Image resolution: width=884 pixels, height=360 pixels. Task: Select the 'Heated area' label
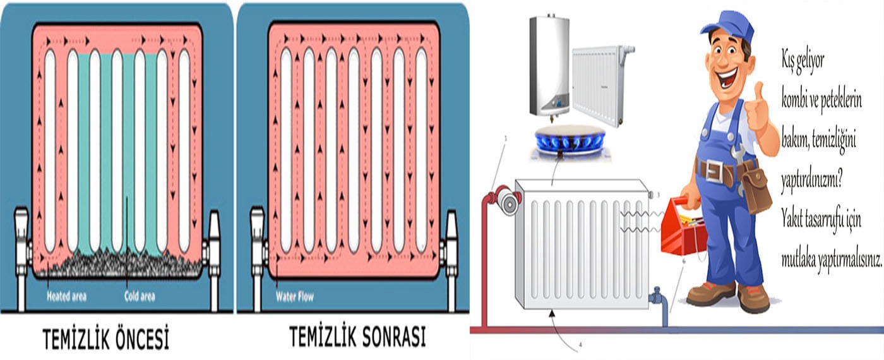[x=66, y=296]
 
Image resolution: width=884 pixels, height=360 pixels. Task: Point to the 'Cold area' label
[x=140, y=296]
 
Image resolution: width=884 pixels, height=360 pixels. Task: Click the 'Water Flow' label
[x=294, y=296]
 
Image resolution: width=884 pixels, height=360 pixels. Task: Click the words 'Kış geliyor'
[x=803, y=62]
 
